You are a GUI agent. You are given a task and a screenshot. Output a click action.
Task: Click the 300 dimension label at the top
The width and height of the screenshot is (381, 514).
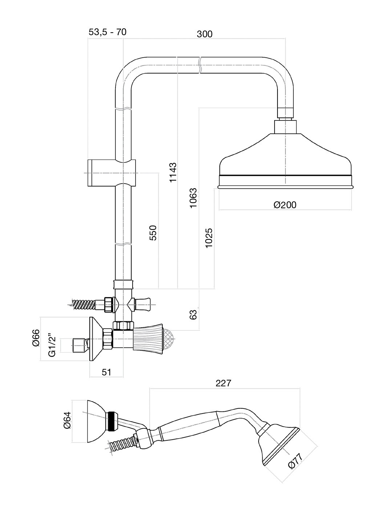tap(204, 34)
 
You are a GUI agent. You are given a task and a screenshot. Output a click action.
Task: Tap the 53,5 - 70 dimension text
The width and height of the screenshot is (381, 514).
tap(108, 32)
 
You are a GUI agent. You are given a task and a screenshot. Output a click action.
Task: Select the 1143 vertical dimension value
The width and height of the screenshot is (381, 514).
tap(173, 173)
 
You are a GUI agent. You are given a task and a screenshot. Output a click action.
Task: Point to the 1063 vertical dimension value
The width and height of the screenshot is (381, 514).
tap(193, 198)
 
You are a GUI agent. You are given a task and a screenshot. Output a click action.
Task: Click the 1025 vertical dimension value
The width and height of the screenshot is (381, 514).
tap(209, 238)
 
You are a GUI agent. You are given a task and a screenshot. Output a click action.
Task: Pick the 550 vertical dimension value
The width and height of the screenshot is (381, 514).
tap(153, 233)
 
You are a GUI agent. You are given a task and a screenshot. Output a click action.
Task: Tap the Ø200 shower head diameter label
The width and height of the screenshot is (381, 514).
tap(285, 205)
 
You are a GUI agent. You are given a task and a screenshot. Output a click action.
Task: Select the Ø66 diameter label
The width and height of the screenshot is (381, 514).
tap(36, 338)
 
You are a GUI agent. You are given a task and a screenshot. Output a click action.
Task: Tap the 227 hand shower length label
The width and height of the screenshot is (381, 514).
tap(223, 383)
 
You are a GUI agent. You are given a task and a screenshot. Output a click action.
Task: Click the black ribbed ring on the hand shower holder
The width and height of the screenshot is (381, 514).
tap(113, 422)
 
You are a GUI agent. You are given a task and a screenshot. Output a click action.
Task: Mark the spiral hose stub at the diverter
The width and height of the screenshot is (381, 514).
tap(85, 304)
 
